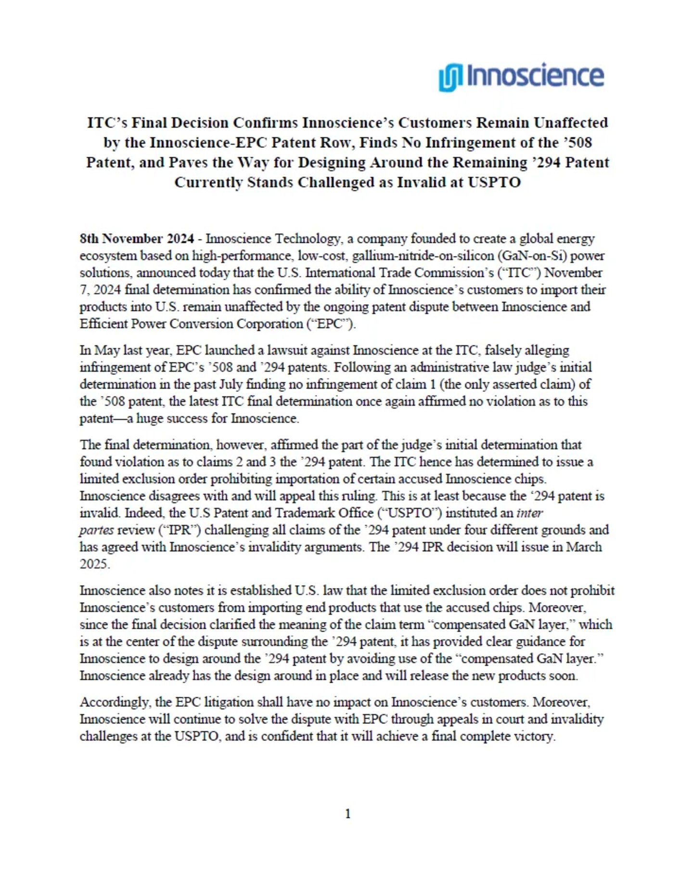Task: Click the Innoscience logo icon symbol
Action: point(450,77)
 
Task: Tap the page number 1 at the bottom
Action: point(347,814)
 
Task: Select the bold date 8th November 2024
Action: point(137,239)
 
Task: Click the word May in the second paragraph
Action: point(107,350)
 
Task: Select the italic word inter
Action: point(529,513)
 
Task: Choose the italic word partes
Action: point(96,530)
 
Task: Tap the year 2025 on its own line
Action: point(94,564)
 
